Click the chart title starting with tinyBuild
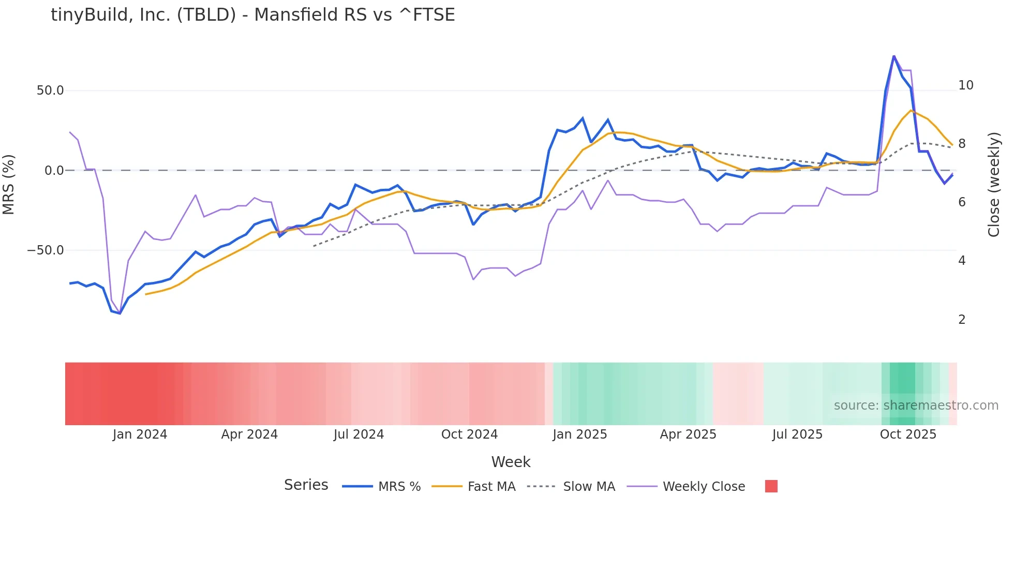(x=252, y=15)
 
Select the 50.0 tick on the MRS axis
(x=50, y=91)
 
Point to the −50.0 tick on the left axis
(x=46, y=250)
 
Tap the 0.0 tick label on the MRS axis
(x=54, y=171)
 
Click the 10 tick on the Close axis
(x=965, y=85)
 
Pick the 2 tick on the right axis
(x=962, y=320)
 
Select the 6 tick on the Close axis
(x=962, y=202)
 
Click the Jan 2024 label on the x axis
(x=140, y=434)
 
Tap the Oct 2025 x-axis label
(x=908, y=434)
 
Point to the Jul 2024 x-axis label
(x=359, y=434)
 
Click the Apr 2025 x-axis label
(x=688, y=434)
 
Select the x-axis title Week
(x=511, y=462)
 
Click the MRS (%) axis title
(x=9, y=185)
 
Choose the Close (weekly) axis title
(x=994, y=185)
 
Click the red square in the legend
(x=771, y=486)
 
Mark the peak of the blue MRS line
(x=893, y=55)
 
